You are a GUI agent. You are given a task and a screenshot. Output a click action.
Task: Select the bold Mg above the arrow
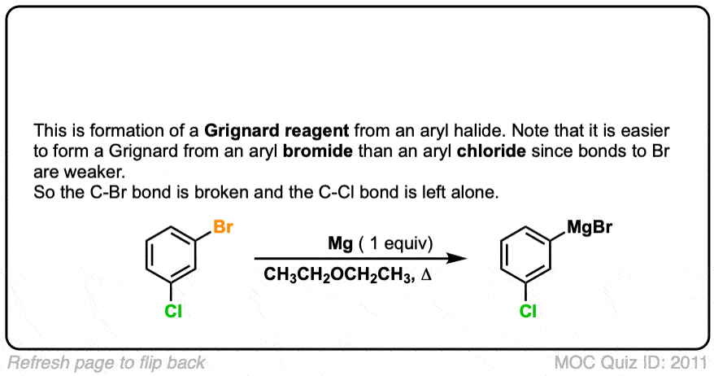point(331,243)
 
